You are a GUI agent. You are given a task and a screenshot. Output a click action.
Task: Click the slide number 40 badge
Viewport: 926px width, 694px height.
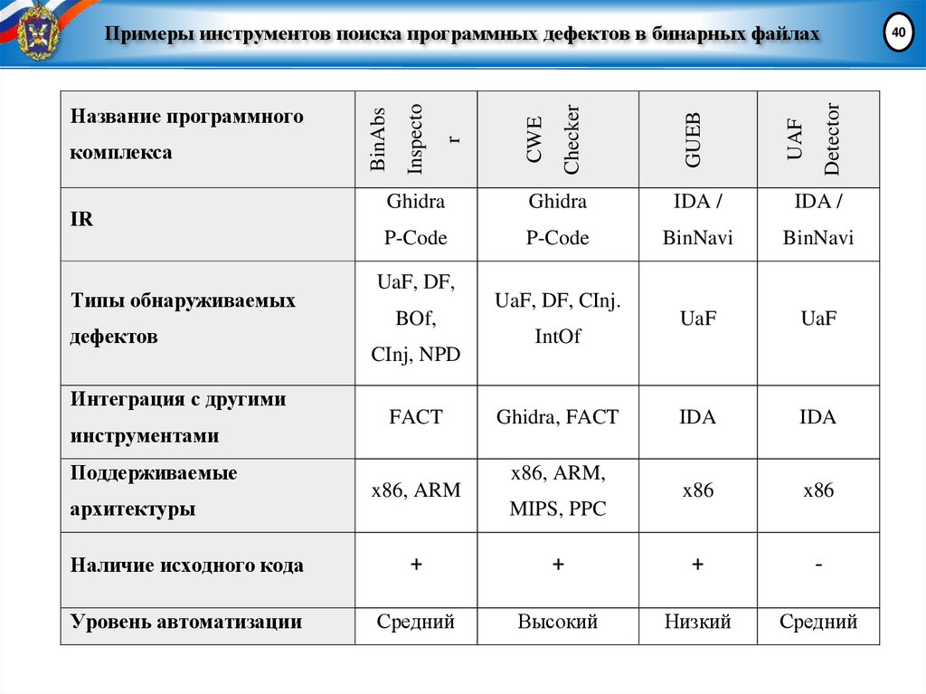897,33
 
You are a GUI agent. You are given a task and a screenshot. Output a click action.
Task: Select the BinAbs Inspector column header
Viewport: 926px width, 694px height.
415,138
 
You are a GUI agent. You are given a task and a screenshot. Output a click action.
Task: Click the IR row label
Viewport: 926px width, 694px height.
81,220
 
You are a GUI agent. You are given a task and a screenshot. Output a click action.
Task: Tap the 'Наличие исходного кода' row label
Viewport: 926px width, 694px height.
187,566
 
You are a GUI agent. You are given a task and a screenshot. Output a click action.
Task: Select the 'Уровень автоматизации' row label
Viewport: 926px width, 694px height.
185,622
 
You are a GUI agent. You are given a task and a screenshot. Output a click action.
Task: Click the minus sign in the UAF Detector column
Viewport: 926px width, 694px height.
817,565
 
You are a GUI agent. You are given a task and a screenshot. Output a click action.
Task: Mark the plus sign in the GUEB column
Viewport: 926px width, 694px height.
697,565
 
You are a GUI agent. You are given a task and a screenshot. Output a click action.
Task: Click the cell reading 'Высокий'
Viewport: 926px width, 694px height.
558,622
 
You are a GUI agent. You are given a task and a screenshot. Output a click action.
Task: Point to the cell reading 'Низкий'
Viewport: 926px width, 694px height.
697,622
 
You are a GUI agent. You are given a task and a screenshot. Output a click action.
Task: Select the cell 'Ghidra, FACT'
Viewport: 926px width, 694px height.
557,417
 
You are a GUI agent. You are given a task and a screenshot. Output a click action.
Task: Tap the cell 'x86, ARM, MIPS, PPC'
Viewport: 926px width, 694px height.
557,490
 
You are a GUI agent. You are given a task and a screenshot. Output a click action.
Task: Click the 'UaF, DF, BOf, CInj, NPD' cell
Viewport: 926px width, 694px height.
415,318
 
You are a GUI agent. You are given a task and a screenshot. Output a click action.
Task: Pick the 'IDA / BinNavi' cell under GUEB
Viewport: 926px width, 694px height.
697,220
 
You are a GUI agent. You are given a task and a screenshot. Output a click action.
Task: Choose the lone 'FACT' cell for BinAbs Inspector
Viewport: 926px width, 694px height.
415,417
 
